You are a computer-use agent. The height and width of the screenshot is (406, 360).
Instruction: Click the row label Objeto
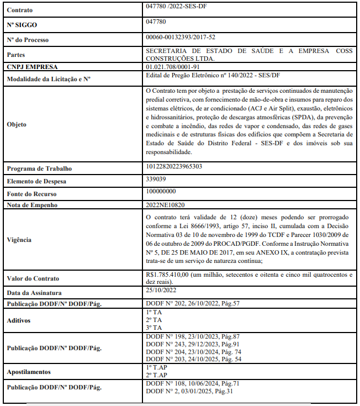point(17,124)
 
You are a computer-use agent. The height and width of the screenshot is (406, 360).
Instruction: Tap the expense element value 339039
point(156,180)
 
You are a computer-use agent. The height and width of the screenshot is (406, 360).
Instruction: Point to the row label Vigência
point(20,240)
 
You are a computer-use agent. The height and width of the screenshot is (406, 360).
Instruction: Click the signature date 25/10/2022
point(161,290)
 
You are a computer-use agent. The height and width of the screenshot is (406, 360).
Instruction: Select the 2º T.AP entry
point(156,375)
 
